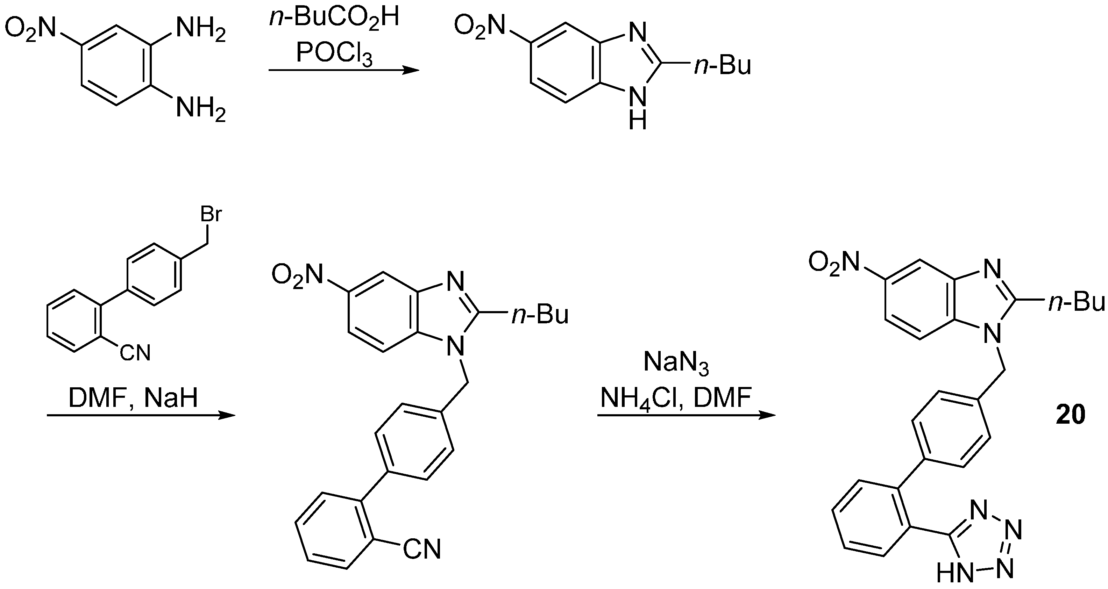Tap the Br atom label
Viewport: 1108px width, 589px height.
[211, 215]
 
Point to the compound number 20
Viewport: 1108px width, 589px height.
[1071, 415]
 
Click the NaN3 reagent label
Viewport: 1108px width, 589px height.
[676, 363]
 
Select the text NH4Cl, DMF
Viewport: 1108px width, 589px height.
[676, 398]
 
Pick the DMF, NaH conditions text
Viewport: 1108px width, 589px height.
[133, 398]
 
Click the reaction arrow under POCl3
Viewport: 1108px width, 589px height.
[344, 70]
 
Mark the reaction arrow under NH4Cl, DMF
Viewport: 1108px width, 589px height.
[686, 415]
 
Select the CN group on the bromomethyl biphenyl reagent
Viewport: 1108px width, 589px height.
[135, 353]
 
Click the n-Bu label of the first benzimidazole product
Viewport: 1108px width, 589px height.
[723, 67]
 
